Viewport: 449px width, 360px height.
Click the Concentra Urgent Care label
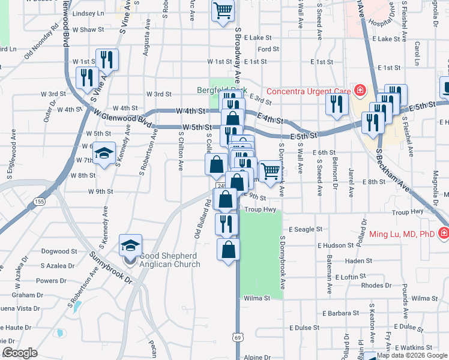pyautogui.click(x=308, y=91)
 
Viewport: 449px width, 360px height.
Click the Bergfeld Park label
pyautogui.click(x=222, y=91)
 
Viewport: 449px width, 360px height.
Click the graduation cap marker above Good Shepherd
pyautogui.click(x=131, y=245)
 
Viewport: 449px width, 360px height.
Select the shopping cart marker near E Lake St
pyautogui.click(x=223, y=10)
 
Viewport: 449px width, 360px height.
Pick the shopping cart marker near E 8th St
pyautogui.click(x=270, y=170)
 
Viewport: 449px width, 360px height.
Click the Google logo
pyautogui.click(x=20, y=353)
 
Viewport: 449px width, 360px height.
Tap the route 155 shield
pyautogui.click(x=40, y=201)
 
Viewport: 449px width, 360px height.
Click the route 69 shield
pyautogui.click(x=238, y=338)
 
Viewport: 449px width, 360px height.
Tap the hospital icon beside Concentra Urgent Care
pyautogui.click(x=360, y=91)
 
